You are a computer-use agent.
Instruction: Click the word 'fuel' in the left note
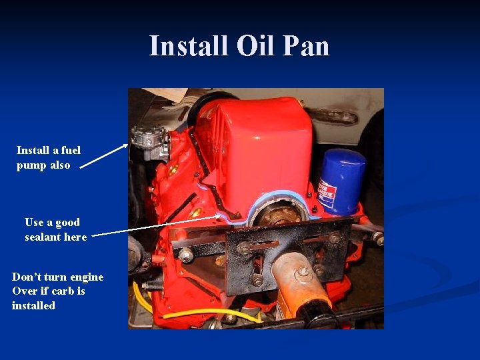coord(69,151)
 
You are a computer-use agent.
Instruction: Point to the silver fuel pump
coord(148,141)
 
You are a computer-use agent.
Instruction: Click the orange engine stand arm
coord(294,280)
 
